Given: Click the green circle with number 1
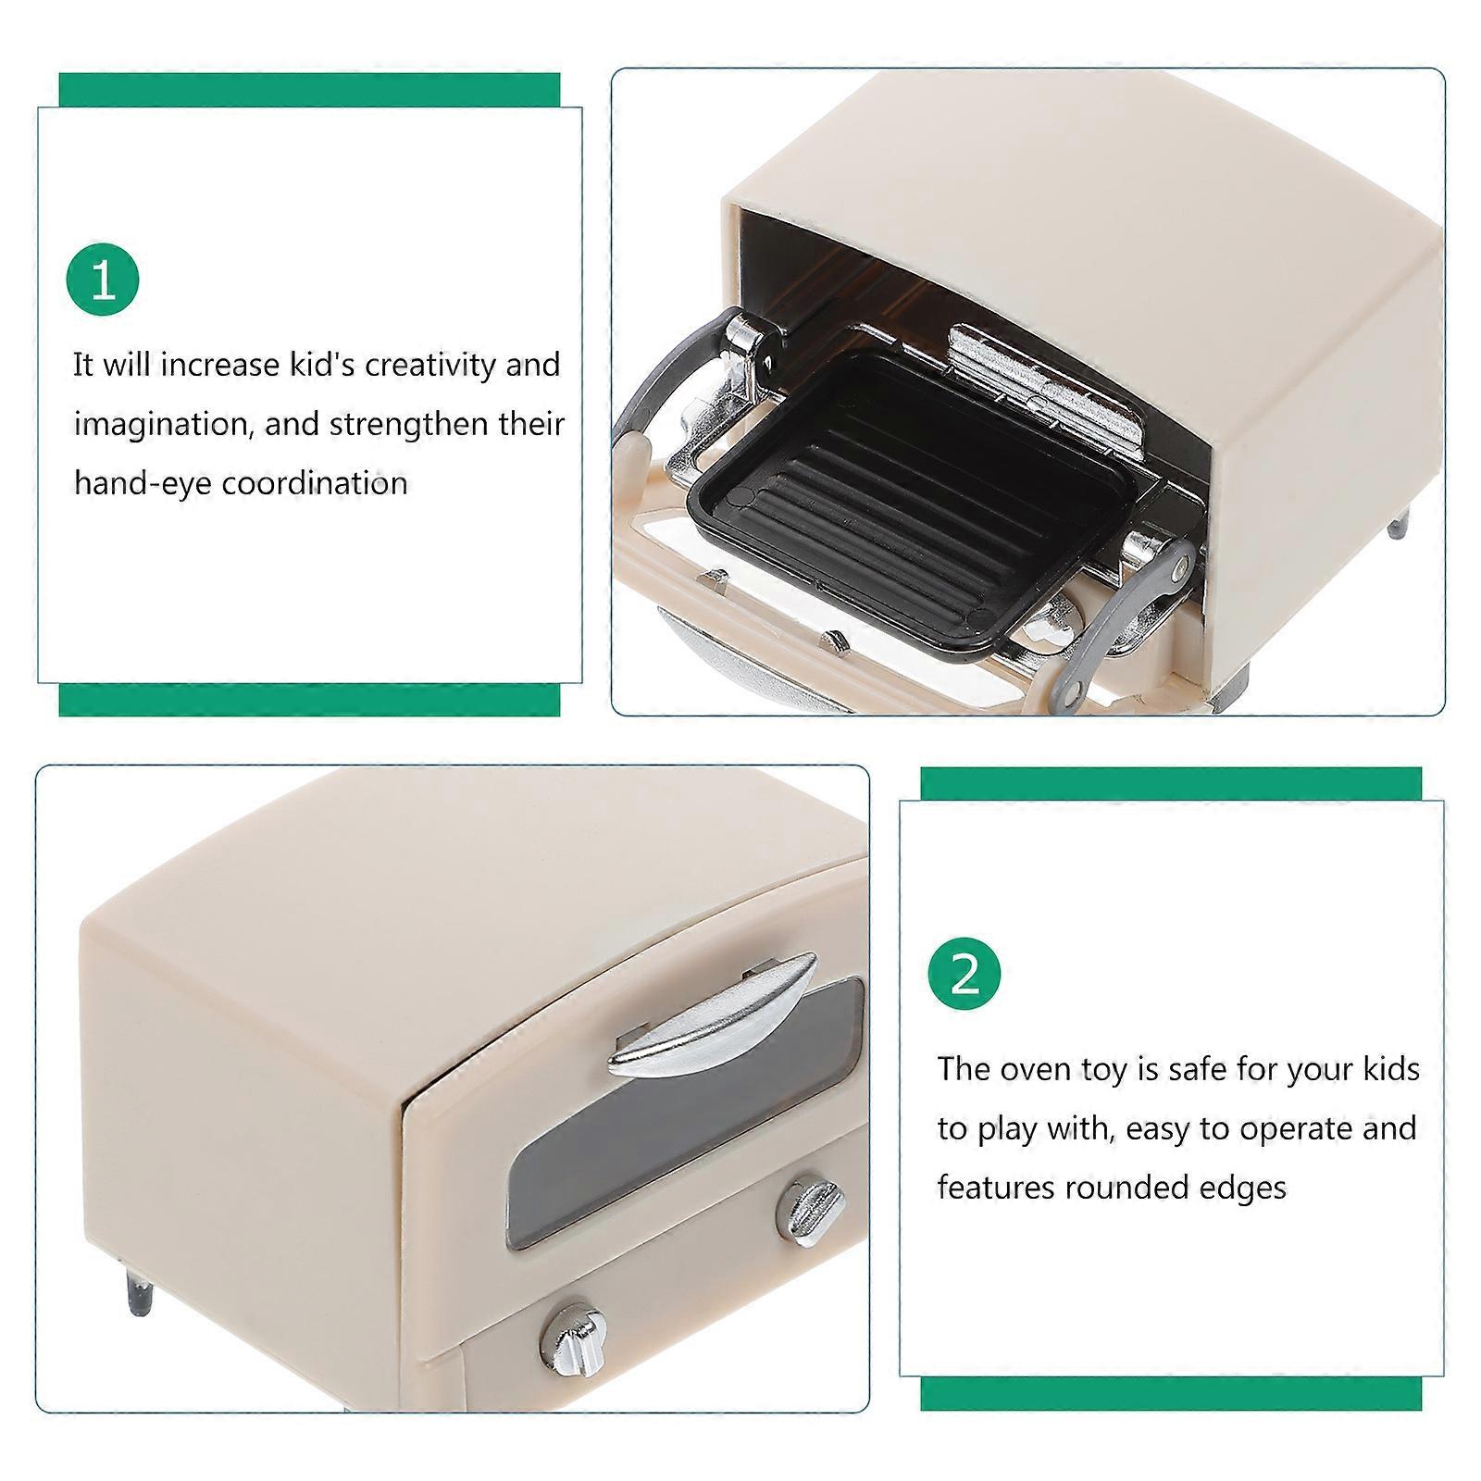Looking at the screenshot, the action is (103, 280).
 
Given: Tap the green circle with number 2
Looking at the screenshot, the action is (965, 975).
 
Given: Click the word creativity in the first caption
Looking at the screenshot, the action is (429, 366).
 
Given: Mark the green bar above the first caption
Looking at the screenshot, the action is (309, 91).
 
